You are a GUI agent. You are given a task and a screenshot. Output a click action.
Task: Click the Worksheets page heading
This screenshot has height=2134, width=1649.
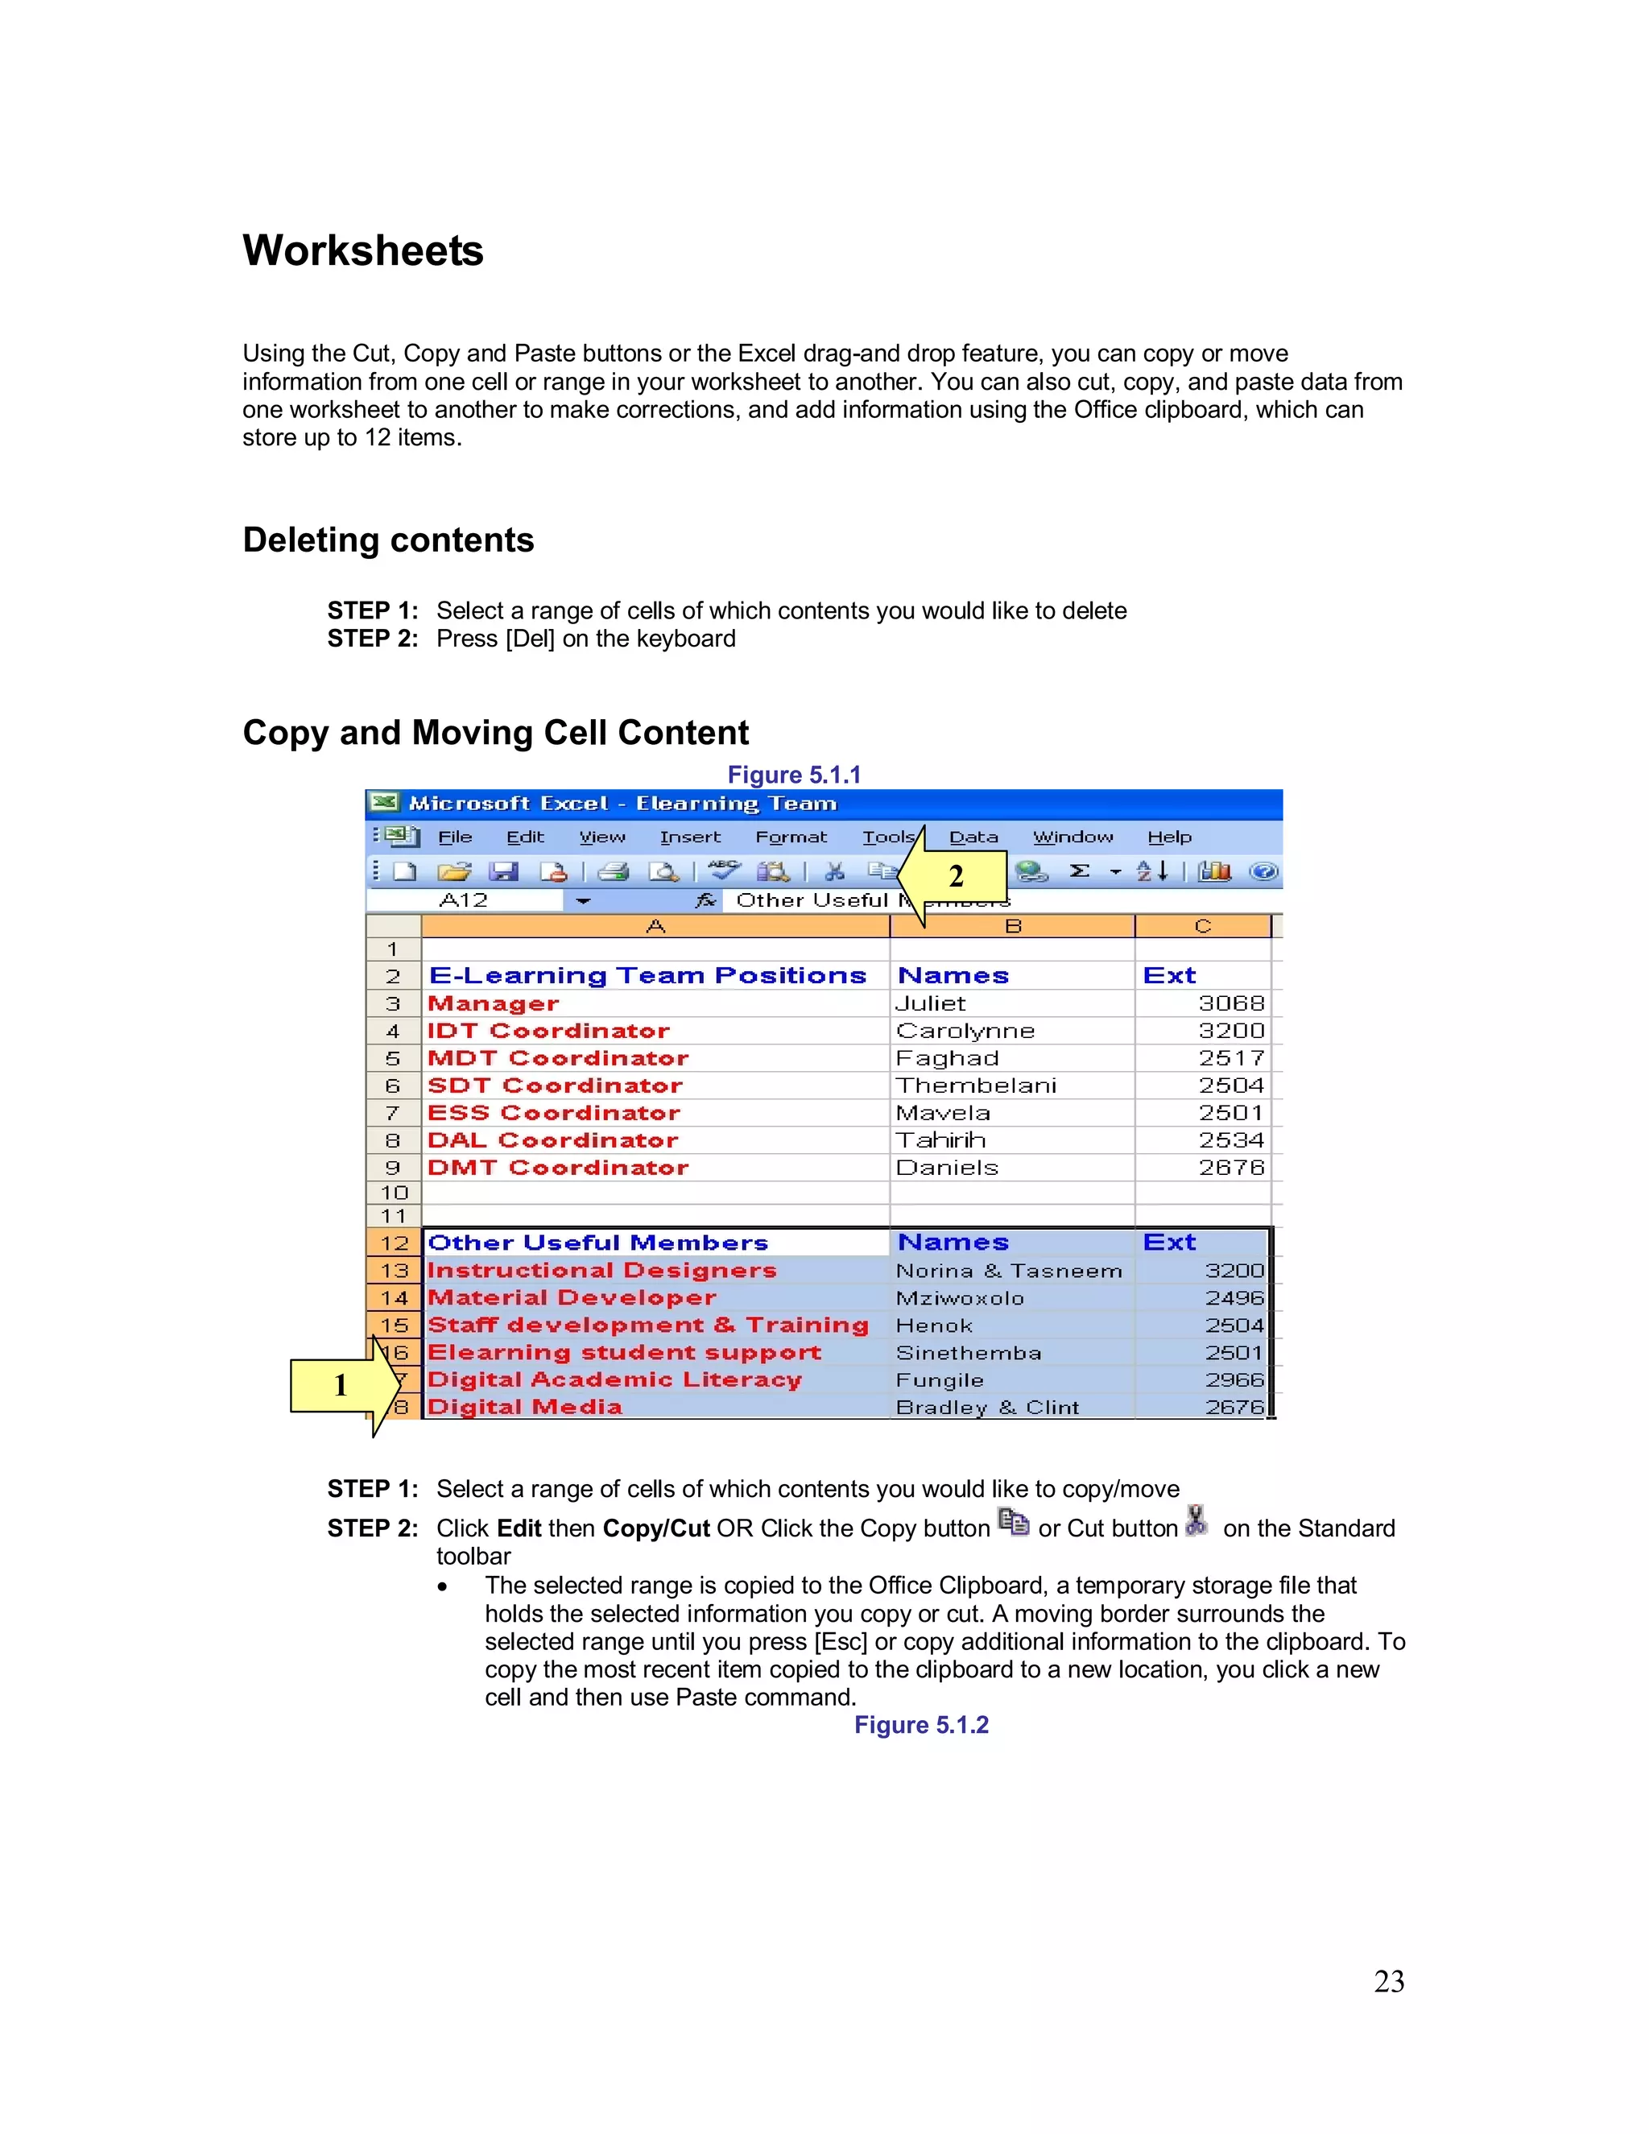(x=362, y=251)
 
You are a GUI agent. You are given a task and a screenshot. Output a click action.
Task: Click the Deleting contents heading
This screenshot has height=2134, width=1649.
(x=388, y=540)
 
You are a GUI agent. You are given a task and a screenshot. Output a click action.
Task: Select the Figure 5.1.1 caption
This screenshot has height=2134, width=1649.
(x=793, y=775)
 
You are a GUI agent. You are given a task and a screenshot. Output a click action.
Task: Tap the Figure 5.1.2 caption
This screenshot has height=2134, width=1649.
(x=920, y=1725)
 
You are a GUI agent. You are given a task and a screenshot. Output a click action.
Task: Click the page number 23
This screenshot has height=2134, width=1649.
(x=1388, y=1981)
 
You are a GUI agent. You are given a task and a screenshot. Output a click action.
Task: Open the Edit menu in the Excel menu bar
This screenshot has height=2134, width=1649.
(x=525, y=837)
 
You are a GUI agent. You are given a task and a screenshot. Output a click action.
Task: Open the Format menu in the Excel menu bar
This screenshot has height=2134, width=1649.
(x=791, y=837)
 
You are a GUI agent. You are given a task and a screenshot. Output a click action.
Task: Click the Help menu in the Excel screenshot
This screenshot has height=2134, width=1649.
(x=1168, y=837)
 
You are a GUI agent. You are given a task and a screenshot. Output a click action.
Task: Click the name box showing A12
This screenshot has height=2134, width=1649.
(x=464, y=900)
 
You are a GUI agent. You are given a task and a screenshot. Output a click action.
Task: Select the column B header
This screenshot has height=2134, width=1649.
(x=1012, y=926)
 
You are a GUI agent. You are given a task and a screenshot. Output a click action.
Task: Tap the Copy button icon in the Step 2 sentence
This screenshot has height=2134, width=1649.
(x=1013, y=1522)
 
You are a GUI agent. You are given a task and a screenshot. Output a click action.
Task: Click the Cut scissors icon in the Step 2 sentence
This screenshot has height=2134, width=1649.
(x=1196, y=1521)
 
